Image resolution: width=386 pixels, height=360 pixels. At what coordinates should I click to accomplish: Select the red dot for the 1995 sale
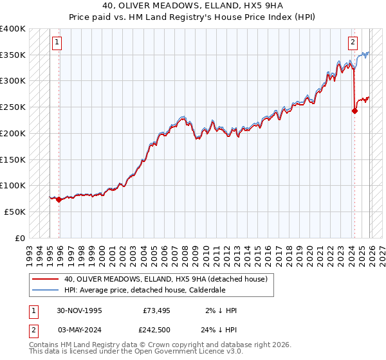coord(59,199)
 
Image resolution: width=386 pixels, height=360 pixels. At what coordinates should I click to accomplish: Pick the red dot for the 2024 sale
coord(354,111)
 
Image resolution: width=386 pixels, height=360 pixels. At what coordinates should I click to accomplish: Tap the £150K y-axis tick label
coord(13,159)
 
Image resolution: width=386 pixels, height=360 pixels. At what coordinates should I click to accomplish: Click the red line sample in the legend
coord(45,279)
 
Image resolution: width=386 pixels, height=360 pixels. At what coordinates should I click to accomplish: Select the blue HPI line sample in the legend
coord(45,290)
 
